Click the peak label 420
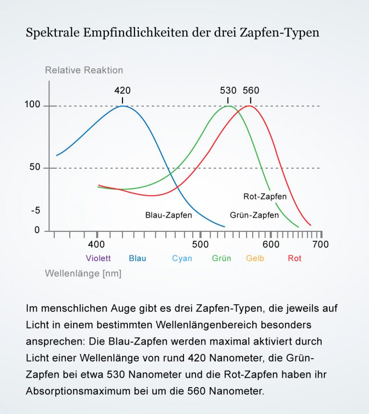[x=122, y=90]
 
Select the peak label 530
[x=228, y=90]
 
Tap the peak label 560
[x=251, y=90]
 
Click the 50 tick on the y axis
[x=34, y=168]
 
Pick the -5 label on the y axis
[x=35, y=211]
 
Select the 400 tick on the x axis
[x=97, y=244]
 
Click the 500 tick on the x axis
[x=200, y=244]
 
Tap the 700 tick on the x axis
[x=320, y=244]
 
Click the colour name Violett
[x=98, y=258]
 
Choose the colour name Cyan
[x=182, y=258]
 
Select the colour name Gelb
[x=255, y=258]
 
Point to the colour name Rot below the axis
[x=295, y=258]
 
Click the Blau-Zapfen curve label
[x=169, y=215]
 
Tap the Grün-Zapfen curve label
[x=254, y=215]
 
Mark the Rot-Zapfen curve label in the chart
[x=265, y=196]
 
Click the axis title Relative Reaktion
[x=84, y=70]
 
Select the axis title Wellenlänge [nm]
[x=83, y=274]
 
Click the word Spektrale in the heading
[x=52, y=33]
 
